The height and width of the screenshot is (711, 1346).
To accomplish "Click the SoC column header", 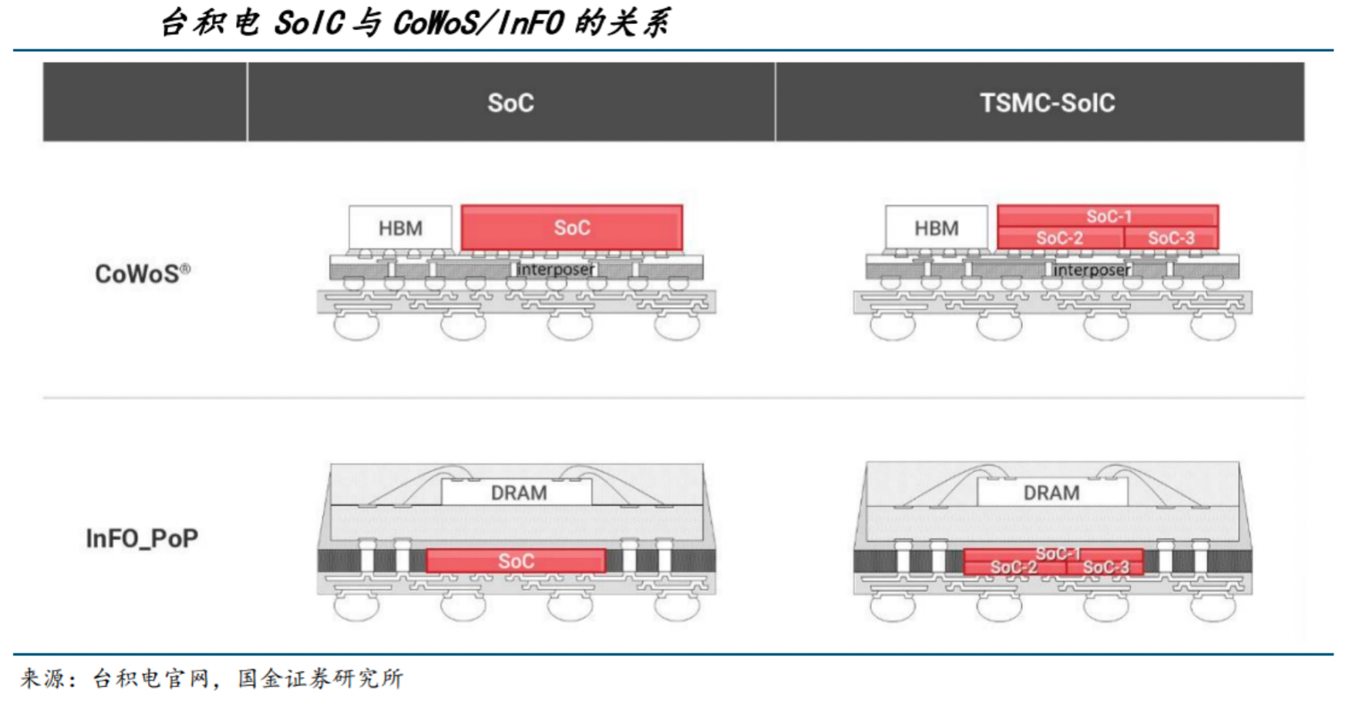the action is click(x=510, y=103).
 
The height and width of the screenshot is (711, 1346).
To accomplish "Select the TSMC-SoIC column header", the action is click(x=1047, y=103).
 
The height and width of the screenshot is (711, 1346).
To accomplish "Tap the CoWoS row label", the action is click(x=142, y=274).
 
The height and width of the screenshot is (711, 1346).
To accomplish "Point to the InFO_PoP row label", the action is click(x=142, y=537).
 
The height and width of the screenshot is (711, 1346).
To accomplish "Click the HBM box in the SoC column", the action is click(x=400, y=227).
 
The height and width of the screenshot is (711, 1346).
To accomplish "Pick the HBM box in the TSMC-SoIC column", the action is click(x=937, y=227).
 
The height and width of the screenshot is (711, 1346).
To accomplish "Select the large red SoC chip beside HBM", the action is click(x=571, y=227).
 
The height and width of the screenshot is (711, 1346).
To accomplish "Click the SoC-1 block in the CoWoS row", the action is click(x=1108, y=216).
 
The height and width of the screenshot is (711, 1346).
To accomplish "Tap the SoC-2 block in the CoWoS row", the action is click(x=1059, y=238).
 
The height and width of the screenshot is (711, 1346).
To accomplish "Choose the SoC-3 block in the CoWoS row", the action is click(x=1171, y=238).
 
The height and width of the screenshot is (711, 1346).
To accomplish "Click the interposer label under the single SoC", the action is click(x=555, y=269).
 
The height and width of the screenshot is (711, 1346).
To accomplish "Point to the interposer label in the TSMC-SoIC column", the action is click(x=1092, y=270).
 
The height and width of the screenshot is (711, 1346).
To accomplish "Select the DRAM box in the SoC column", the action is click(x=517, y=492).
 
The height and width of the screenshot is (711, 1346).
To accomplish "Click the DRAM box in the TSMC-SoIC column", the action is click(x=1052, y=492).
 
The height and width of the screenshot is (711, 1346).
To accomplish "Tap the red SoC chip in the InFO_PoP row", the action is click(x=516, y=561).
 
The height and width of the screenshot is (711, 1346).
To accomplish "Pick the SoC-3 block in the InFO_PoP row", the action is click(x=1105, y=568).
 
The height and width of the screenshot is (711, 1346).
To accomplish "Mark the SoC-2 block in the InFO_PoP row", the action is click(x=1013, y=568).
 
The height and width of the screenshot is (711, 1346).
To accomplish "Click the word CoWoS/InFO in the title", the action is click(x=478, y=23).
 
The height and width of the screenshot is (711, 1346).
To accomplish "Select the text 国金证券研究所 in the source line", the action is click(x=320, y=678).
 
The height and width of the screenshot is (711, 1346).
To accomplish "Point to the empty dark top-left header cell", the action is click(x=145, y=103).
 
